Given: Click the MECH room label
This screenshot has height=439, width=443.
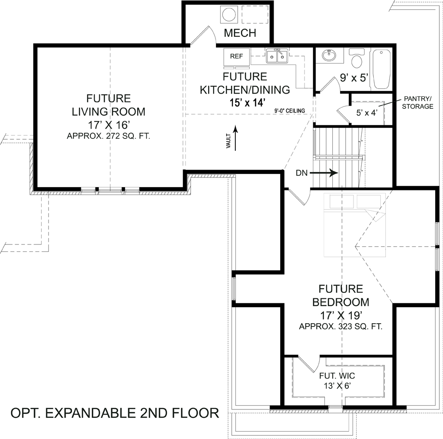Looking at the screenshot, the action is tap(240, 33).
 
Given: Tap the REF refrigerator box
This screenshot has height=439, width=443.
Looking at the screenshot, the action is tap(236, 56).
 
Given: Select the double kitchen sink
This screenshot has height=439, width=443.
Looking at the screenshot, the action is tap(276, 56).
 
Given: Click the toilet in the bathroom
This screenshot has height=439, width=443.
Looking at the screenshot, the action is tap(357, 59).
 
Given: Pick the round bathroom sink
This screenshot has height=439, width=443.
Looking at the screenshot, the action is tap(329, 55).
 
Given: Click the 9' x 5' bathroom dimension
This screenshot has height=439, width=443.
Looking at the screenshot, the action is tap(354, 77).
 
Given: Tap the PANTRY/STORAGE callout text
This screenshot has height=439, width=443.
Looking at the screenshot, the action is tap(418, 102).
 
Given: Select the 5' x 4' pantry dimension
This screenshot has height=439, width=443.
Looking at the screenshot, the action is tap(367, 113).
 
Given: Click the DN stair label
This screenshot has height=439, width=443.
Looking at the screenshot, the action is tap(301, 173).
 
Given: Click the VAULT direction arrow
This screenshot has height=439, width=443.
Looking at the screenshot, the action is tap(235, 138).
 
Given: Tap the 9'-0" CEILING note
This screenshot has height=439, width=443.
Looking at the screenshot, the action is tap(290, 111).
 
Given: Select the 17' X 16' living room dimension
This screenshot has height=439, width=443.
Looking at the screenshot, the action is tap(108, 125).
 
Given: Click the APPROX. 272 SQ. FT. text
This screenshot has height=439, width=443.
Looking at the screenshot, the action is tap(108, 136).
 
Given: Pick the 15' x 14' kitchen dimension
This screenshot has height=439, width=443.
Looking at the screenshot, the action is tap(247, 102).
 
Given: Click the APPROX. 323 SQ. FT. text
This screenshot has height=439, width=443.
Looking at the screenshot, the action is tap(341, 326).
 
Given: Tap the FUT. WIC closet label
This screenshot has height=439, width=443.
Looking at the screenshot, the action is tap(337, 376).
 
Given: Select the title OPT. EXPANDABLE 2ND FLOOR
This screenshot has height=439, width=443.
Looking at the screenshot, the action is tap(115, 413).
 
